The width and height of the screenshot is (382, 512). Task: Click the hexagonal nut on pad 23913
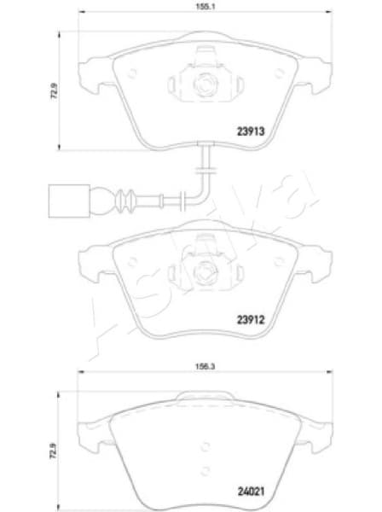205,84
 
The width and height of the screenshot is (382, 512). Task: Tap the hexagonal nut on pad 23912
205,273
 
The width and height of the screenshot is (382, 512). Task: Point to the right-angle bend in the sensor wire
205,174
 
